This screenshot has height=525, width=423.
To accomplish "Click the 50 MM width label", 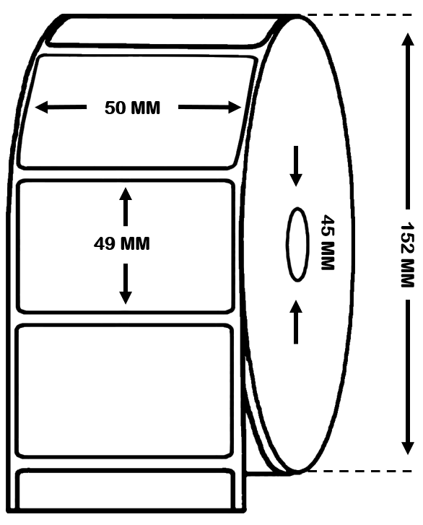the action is point(132,108).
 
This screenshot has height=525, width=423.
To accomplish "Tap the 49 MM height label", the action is point(122,243).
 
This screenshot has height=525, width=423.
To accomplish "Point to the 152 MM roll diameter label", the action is point(407,255).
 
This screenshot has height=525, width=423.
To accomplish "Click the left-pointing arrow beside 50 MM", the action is point(61,108).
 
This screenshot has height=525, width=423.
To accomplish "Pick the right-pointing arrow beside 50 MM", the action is point(209,107).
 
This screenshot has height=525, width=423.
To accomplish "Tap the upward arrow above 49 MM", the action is point(126,207).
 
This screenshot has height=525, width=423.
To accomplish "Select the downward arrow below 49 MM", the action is point(126,284).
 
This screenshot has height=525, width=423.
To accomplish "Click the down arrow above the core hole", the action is point(296,166).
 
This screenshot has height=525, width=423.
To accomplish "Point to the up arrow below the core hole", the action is point(296,322).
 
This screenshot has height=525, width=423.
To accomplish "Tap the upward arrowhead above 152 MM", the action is point(407,39).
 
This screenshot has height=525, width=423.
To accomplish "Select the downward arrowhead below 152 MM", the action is point(407,448).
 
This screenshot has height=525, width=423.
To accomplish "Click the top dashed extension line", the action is point(359,14).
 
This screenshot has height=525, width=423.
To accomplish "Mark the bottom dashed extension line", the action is point(359,471).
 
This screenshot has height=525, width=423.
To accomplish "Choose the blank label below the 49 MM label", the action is point(124,391).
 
